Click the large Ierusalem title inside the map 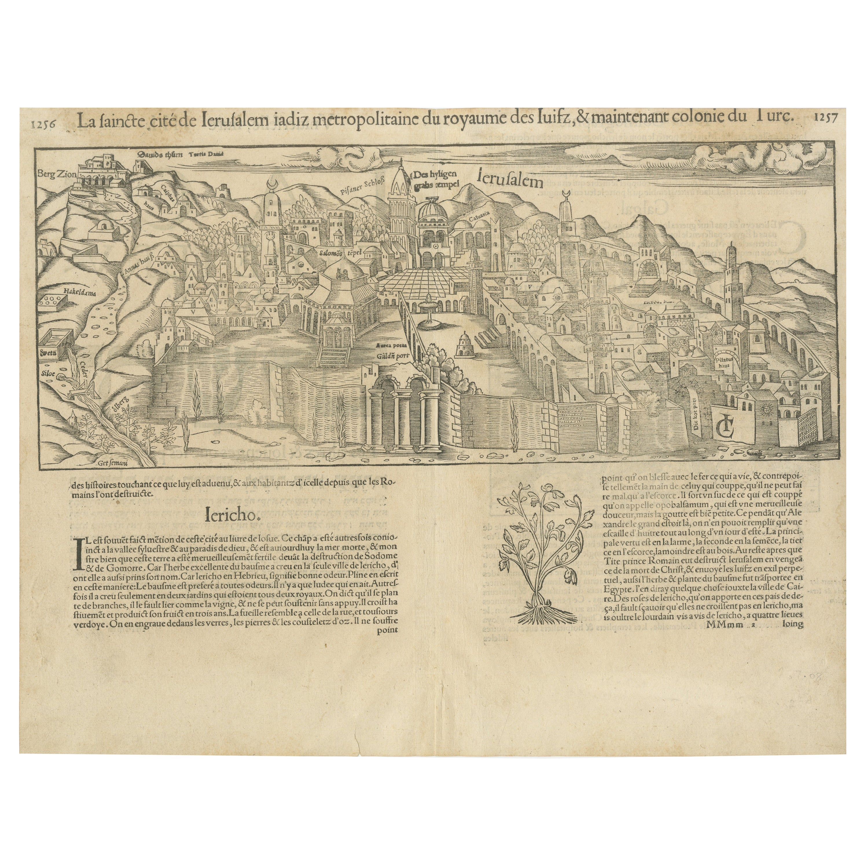(511, 180)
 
